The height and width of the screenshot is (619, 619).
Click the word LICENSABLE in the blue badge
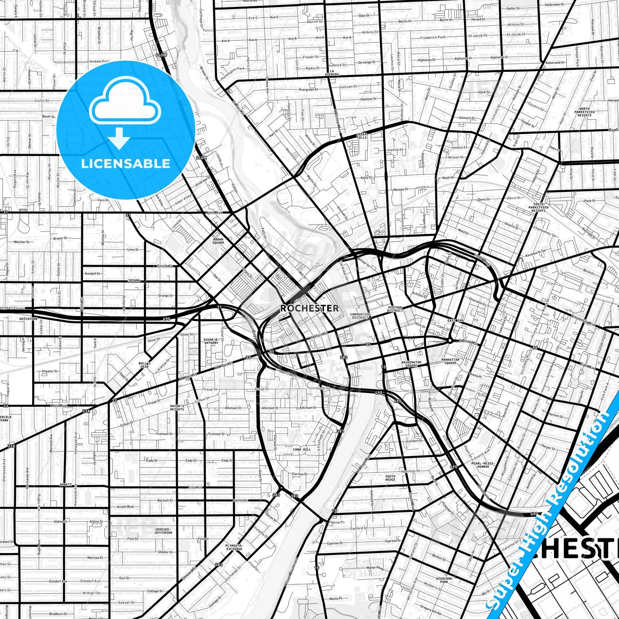point(126,164)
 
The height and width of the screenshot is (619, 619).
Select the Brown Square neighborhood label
point(218,241)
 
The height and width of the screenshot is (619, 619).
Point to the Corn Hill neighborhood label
point(302,449)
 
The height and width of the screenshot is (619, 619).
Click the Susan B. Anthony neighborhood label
point(211,341)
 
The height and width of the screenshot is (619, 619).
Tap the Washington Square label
point(411,364)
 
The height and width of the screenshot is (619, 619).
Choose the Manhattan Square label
point(450,362)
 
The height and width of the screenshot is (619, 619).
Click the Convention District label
point(360,316)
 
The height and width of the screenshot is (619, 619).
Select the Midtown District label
point(395,309)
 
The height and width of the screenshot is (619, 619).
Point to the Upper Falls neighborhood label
point(362,136)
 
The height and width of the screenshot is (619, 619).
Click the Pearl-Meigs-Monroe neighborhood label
point(483,465)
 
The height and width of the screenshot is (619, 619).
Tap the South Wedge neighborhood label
point(390,478)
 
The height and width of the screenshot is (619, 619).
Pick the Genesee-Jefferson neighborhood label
point(164,531)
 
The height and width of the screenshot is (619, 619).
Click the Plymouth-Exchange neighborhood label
point(234,547)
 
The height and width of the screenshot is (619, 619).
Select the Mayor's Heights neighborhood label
point(177,407)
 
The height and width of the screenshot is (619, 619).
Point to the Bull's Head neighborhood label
point(144,365)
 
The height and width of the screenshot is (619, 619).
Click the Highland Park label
point(444,580)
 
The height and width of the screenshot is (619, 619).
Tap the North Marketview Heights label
point(584,112)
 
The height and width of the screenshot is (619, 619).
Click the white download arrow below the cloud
point(120,138)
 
